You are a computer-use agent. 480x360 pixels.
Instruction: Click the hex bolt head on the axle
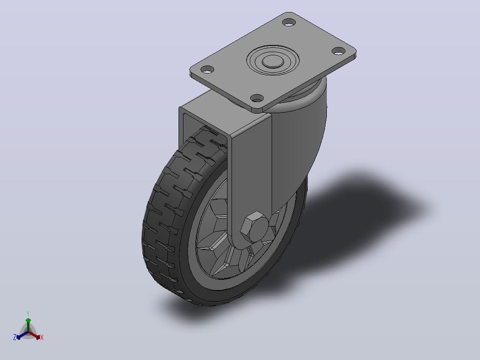click(x=255, y=227)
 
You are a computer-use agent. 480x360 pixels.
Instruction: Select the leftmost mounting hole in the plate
click(x=207, y=70)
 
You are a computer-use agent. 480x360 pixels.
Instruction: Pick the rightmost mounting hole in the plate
click(x=338, y=51)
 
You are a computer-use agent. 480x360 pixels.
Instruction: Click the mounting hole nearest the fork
click(x=257, y=98)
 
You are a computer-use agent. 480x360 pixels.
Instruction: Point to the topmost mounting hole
click(x=289, y=22)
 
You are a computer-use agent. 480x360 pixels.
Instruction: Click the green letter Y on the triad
click(x=28, y=313)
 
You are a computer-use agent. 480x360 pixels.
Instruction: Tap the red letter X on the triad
click(x=42, y=337)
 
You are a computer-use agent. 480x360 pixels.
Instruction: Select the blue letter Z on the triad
click(x=14, y=337)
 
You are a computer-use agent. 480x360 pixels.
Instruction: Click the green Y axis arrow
click(x=28, y=325)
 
